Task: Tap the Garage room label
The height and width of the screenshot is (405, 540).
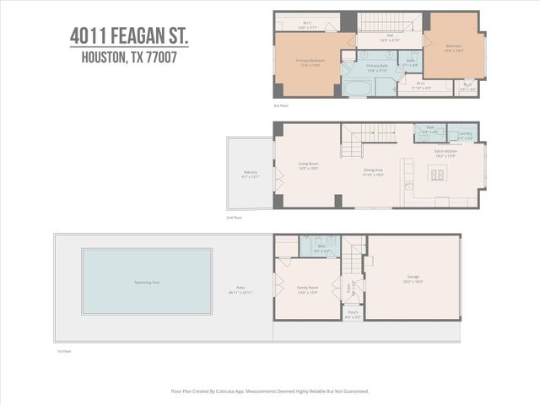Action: coord(413,278)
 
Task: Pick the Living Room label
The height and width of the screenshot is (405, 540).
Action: coord(308,165)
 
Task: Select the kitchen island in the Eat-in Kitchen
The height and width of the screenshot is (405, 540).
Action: coord(438,174)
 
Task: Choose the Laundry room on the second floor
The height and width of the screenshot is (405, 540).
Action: coord(464,133)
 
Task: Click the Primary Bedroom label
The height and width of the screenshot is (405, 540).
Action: coord(310,62)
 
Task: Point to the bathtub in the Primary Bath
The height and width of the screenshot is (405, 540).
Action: coord(357,87)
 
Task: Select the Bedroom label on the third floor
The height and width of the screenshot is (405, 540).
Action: coord(454,46)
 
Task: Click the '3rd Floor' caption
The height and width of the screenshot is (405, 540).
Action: coord(281,105)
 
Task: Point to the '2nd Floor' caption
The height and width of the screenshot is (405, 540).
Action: coord(233,218)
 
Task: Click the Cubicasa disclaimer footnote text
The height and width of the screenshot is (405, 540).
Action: coord(270,391)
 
